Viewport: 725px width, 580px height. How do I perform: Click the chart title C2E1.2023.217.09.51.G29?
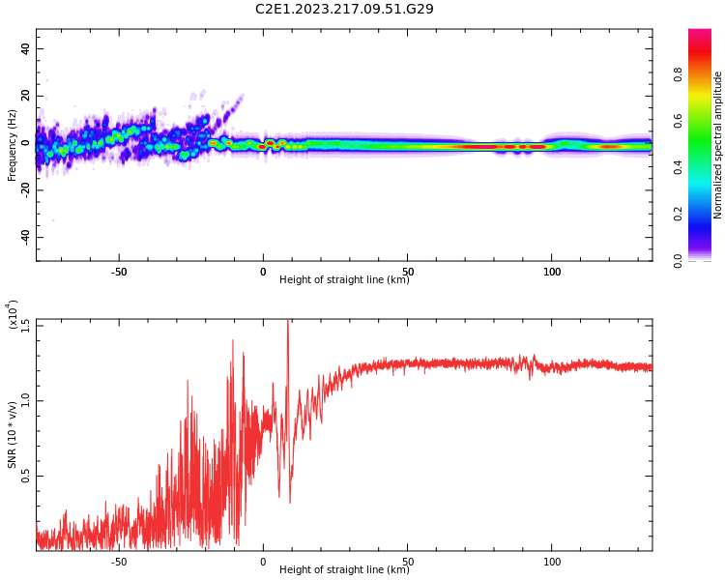[344, 10]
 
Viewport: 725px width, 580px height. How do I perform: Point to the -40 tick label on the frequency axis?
[22, 237]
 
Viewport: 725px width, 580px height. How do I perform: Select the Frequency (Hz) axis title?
[13, 145]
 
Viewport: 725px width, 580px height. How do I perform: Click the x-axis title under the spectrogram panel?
[344, 280]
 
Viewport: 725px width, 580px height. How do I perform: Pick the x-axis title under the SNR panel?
[344, 570]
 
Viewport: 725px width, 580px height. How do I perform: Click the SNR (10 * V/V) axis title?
[13, 435]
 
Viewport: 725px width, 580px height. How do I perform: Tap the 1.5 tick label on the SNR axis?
[25, 324]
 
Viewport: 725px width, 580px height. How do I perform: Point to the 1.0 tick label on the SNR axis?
[25, 399]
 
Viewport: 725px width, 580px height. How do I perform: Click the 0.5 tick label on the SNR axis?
[25, 476]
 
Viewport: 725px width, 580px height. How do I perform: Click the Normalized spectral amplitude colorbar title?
[718, 145]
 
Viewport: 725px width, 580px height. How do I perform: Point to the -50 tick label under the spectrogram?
[119, 272]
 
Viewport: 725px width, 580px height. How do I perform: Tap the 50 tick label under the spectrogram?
[408, 272]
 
